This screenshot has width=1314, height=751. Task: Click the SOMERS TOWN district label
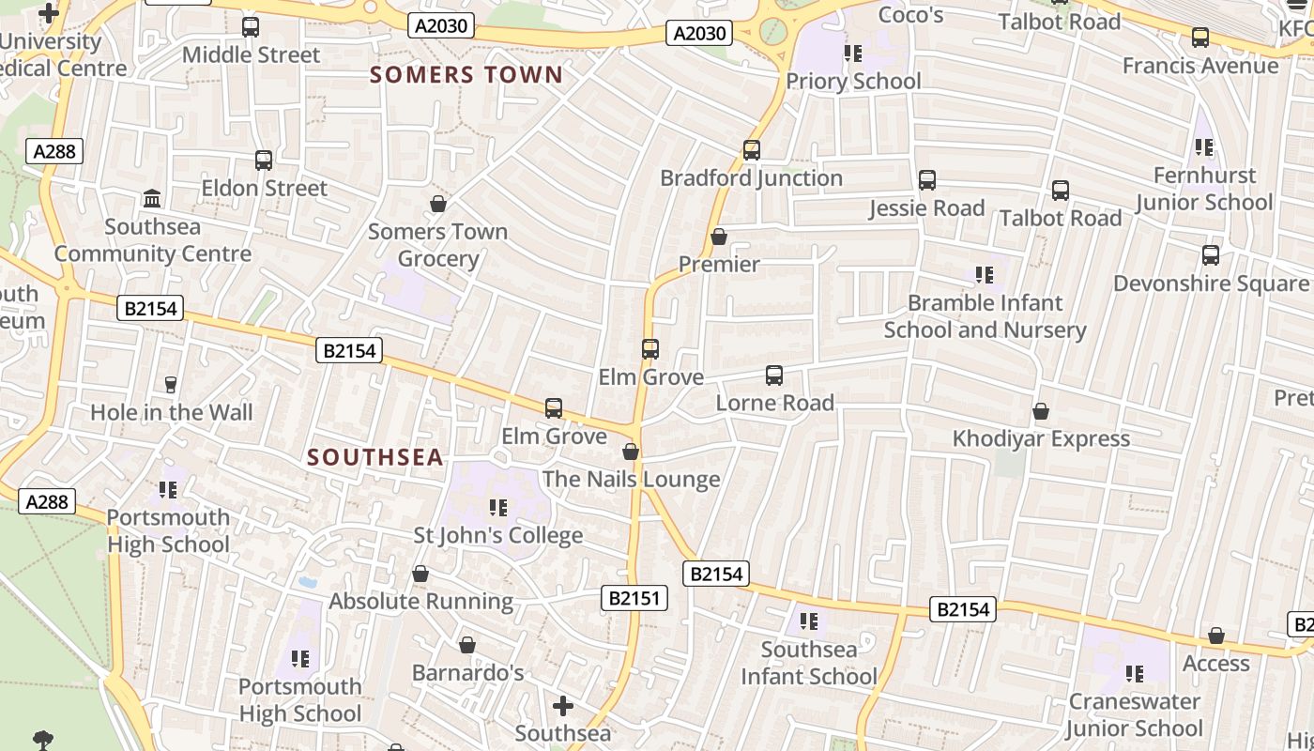point(466,75)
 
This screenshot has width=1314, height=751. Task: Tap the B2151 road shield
point(634,598)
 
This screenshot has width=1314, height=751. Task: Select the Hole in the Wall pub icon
point(171,384)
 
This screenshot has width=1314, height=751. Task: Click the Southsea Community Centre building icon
point(152,198)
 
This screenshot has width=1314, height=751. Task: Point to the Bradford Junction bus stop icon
point(751,150)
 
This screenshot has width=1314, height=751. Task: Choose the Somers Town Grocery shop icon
point(437,204)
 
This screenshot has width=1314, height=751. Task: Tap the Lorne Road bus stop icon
point(774,375)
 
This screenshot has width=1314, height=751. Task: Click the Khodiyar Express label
point(1041,438)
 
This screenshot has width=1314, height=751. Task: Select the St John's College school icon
point(498,508)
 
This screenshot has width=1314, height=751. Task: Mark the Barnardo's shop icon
point(466,645)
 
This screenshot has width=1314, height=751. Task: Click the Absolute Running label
point(420,601)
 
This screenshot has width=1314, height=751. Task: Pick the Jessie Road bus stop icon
point(927,180)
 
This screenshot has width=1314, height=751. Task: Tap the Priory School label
point(853,82)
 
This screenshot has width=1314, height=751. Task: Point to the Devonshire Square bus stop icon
point(1211,255)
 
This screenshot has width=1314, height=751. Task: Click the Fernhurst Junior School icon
point(1204,147)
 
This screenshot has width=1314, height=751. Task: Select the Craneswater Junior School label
point(1134,714)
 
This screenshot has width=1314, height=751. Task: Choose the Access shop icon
point(1216,636)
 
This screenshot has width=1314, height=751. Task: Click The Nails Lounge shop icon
point(631,452)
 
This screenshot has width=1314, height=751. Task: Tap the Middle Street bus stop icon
point(251,27)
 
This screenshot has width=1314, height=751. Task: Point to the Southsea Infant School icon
point(809,621)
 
